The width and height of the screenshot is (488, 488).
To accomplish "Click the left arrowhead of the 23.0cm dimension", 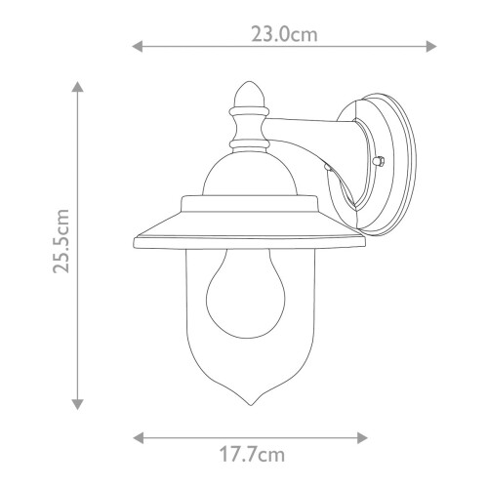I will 137,45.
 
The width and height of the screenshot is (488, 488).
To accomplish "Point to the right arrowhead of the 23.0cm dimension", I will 432,45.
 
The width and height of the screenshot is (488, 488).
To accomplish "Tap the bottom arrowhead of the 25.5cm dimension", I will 78,404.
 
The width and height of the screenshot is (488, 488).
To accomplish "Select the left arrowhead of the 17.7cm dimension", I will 136,436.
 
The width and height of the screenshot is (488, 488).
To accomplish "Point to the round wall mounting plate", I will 387,156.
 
